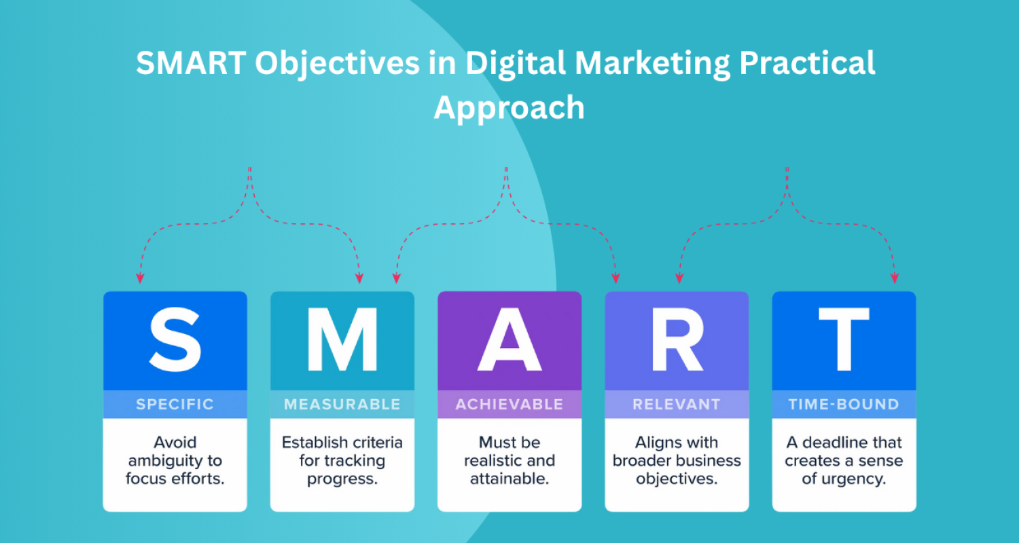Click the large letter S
point(175,339)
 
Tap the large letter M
point(342,339)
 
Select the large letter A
point(509,339)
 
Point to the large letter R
point(677,339)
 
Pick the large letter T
point(844,339)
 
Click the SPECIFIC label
point(175,405)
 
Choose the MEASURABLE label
point(342,405)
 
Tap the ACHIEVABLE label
point(509,405)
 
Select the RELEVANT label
point(677,405)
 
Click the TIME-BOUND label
point(844,405)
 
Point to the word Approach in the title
point(509,107)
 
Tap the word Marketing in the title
point(652,64)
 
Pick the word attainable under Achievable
point(509,479)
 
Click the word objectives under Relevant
point(677,479)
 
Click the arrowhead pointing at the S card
point(140,278)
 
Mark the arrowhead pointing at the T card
point(895,278)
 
